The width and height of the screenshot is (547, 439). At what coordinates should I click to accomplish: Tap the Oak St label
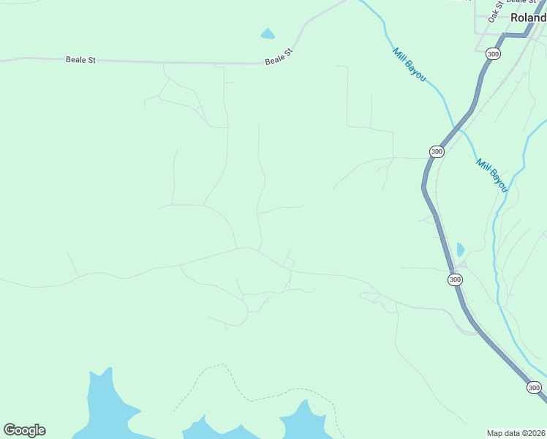coord(495,12)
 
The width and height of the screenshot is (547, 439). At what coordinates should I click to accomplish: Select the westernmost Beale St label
coord(80,60)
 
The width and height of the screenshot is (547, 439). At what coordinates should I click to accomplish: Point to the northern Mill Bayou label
coord(409,64)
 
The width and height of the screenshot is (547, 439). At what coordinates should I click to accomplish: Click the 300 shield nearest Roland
coord(493,54)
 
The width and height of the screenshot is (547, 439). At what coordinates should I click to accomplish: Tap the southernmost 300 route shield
coord(535,388)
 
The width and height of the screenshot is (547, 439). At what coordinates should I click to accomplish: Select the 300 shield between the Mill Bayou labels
coord(437,151)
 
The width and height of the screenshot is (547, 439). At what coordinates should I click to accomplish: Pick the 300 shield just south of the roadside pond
coord(455,279)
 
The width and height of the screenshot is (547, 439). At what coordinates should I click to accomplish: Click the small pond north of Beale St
coord(268,34)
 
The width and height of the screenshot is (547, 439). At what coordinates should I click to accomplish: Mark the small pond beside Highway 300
coord(460,250)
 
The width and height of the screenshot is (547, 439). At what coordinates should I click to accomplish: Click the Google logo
coord(24,430)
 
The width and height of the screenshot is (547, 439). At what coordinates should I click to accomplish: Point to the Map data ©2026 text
coord(516,432)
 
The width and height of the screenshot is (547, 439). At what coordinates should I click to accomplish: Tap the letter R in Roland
coord(515,18)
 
